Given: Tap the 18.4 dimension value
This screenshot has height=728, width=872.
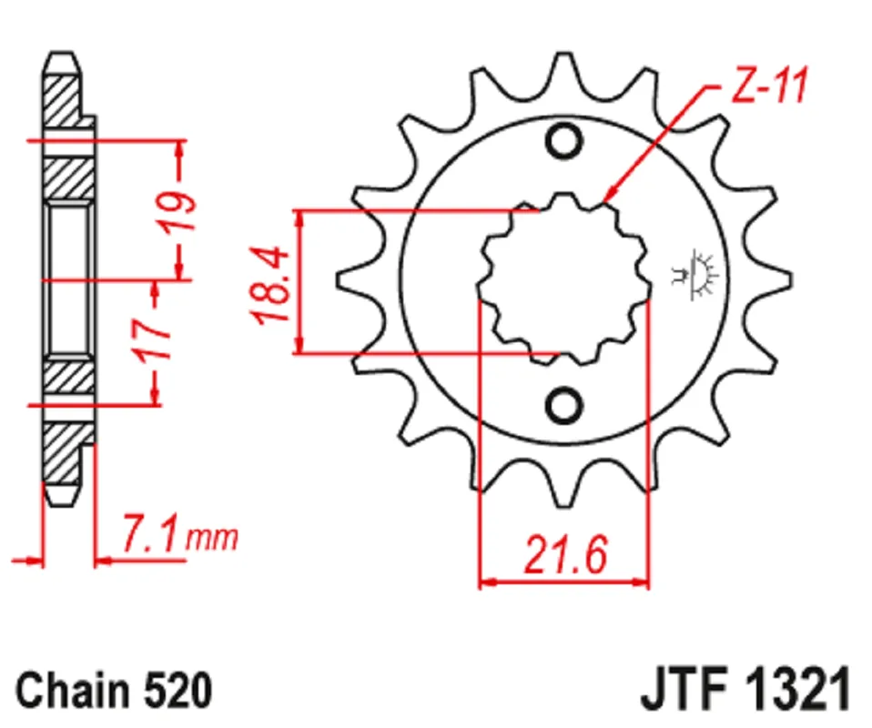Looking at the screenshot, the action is click(x=271, y=286).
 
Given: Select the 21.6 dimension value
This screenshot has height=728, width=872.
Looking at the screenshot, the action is click(x=565, y=554).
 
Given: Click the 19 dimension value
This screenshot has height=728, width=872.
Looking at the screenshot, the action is click(x=177, y=211).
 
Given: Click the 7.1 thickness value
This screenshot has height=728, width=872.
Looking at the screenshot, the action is click(x=151, y=534).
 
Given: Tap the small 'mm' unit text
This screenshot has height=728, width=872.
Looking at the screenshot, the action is click(x=212, y=539).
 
